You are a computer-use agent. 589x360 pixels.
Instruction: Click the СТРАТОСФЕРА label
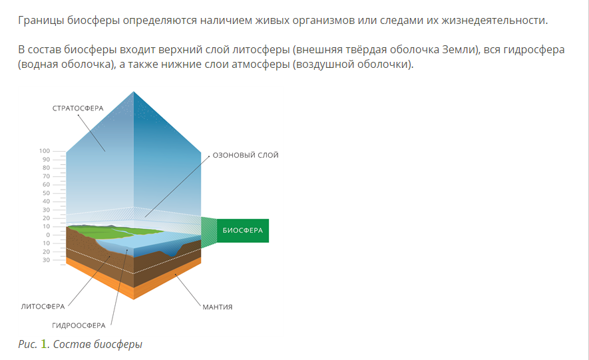point(78,108)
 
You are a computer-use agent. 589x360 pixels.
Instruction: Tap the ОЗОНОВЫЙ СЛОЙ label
point(246,155)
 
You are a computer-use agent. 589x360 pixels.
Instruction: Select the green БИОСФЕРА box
point(243,230)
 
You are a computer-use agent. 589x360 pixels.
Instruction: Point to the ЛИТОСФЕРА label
point(43,307)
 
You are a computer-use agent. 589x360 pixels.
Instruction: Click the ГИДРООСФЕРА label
point(79,325)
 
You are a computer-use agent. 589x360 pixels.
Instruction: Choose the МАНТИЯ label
point(218,307)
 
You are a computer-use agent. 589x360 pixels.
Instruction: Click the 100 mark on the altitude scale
point(45,151)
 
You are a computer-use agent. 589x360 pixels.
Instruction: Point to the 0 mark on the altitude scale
point(48,235)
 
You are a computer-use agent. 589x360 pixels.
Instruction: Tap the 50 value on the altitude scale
point(46,193)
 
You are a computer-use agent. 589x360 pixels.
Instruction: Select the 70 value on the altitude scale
point(46,176)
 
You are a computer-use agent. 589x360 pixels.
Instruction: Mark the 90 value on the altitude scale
point(46,160)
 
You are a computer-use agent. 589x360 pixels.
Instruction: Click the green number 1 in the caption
point(44,344)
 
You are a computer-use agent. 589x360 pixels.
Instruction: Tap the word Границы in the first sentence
point(41,20)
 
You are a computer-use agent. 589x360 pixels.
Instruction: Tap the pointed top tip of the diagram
point(133,92)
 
